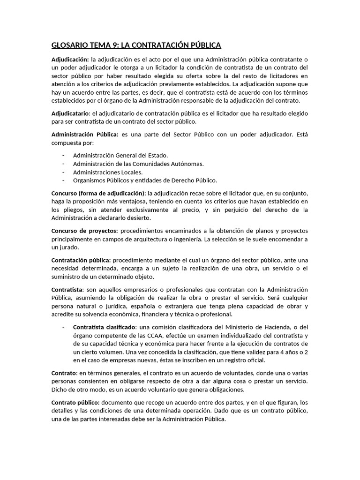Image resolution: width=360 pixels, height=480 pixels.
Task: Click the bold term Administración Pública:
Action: [x=85, y=135]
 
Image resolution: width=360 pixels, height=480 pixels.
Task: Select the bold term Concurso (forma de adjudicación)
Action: [x=98, y=193]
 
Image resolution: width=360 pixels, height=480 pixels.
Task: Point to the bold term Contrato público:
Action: [x=75, y=403]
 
